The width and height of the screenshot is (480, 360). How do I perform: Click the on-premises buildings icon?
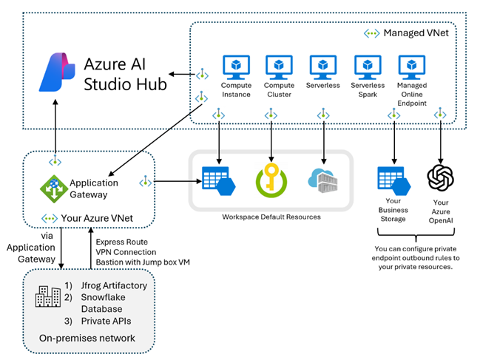pos(48,296)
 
